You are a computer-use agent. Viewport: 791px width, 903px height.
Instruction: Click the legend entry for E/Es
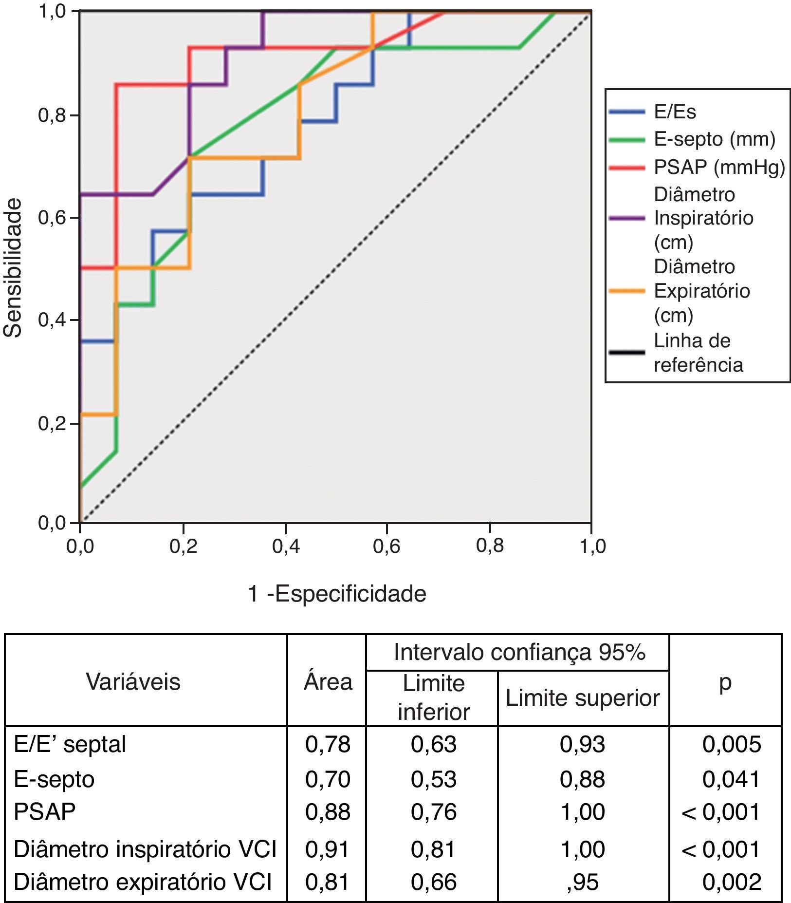point(675,112)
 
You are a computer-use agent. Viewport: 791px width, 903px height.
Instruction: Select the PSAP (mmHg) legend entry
point(719,167)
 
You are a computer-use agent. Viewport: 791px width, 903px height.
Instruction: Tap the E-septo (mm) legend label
point(714,139)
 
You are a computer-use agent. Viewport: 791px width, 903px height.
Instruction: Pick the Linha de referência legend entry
point(698,353)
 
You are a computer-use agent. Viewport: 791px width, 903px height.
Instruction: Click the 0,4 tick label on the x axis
point(286,546)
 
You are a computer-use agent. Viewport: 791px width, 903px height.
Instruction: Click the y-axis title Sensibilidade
point(13,267)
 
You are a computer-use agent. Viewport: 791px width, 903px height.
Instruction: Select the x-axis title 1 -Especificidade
point(337,594)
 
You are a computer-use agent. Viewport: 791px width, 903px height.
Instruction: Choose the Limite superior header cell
point(582,697)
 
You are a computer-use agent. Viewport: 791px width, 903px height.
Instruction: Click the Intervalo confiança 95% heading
point(519,652)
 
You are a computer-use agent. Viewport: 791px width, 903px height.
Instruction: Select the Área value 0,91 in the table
point(328,849)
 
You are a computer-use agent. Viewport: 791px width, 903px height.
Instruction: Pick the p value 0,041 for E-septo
point(731,779)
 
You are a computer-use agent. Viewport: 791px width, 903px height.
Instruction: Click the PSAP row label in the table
point(45,812)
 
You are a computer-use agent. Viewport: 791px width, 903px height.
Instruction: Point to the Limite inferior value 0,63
point(433,744)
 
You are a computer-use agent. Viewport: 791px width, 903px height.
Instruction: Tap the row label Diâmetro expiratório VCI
point(143,882)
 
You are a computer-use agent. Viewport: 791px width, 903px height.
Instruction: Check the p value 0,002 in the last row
point(731,882)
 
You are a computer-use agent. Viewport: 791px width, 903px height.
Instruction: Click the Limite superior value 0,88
point(582,779)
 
